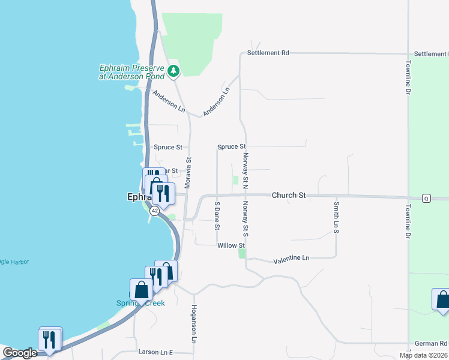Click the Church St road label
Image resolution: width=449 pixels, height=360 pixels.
pos(289,196)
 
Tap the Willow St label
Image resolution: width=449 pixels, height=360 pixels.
pos(231,245)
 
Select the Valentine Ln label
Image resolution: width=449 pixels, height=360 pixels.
pos(291,259)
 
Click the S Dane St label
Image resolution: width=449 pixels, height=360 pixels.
pos(217,216)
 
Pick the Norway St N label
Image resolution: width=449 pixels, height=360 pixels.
pos(246,170)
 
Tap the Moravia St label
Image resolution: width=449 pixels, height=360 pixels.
pos(188,173)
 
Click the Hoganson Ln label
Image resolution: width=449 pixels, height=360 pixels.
pos(194,324)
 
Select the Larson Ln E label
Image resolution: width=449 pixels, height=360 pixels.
pos(155,352)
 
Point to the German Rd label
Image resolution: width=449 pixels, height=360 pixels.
pos(431,344)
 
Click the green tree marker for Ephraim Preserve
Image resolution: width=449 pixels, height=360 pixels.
pos(173,71)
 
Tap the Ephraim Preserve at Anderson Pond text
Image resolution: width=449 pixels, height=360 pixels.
pos(131,72)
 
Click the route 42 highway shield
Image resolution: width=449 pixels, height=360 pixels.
pos(155,211)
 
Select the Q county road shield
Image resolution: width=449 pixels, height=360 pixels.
pos(426,198)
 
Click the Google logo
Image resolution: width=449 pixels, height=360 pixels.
pos(19,353)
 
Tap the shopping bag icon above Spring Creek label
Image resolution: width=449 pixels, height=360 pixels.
pos(142,289)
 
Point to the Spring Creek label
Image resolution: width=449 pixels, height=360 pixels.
pos(140,303)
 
